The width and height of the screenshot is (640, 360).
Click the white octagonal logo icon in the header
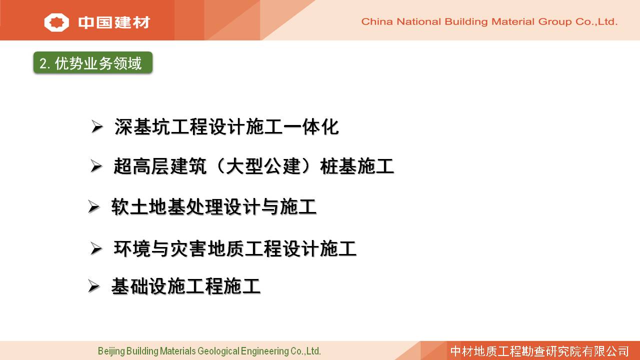[56, 22]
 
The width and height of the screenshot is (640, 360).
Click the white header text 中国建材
[114, 22]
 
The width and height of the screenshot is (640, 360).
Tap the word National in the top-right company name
[419, 21]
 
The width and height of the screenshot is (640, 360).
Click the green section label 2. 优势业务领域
[93, 63]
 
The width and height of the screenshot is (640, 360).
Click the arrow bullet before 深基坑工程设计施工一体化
[97, 126]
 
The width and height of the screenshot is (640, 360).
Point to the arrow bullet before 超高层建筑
[96, 166]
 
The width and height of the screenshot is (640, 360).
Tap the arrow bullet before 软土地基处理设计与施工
[93, 206]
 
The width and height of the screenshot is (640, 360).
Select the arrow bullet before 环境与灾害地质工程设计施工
[96, 248]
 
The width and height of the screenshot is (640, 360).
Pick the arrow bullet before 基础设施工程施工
[93, 286]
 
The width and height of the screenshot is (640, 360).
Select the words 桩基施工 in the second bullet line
[357, 166]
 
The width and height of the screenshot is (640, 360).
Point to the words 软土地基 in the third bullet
[148, 207]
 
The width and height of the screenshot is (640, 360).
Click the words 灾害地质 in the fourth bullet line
[207, 248]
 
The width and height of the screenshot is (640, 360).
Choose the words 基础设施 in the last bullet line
[148, 286]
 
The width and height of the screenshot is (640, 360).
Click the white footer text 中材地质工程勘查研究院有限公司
[539, 351]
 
